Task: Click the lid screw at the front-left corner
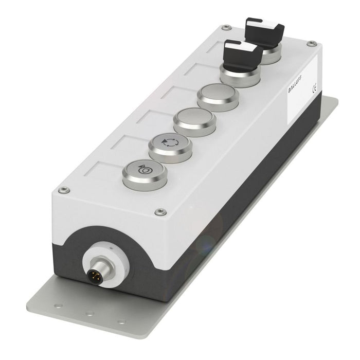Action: tap(63, 190)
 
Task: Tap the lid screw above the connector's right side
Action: tap(158, 211)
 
